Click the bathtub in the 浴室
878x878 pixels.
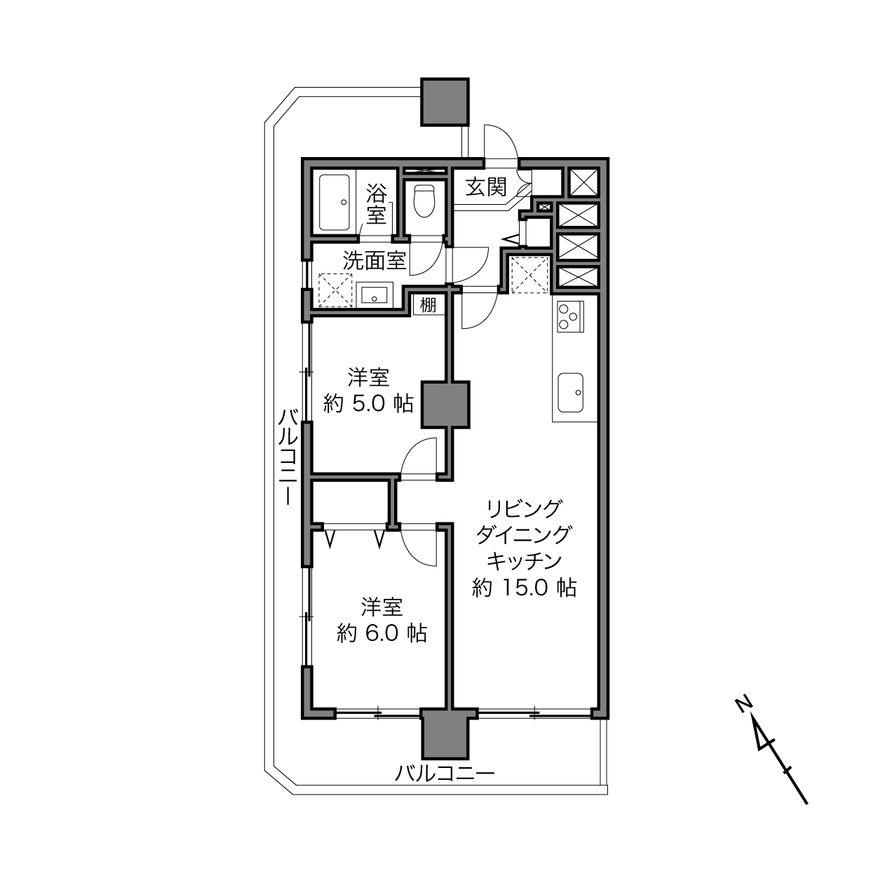(335, 202)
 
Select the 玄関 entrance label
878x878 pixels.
(486, 187)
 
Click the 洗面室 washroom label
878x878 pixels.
(374, 261)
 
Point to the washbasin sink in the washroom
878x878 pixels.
(374, 295)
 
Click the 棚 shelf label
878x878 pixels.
(428, 304)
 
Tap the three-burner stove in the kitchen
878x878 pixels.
(570, 316)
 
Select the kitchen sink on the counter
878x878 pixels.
(570, 393)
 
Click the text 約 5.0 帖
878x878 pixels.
(368, 403)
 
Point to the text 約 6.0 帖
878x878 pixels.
(381, 633)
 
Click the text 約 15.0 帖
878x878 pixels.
(525, 588)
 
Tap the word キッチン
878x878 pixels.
(525, 561)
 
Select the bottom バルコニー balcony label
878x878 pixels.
(445, 774)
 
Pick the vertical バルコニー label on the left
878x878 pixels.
(288, 457)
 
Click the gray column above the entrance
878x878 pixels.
(445, 102)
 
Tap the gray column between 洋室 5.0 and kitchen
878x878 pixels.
(445, 405)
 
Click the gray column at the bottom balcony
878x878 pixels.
(445, 731)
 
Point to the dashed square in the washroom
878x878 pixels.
(335, 290)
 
